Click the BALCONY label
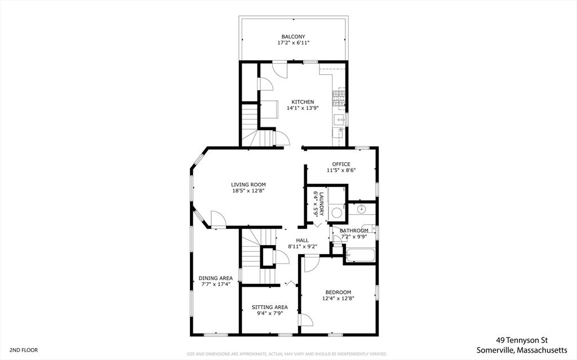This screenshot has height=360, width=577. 293,36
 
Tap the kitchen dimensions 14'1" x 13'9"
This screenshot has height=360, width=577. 303,108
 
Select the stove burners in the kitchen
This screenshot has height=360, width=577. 339,99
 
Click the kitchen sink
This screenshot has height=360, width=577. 339,119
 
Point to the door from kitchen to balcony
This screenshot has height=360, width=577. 279,70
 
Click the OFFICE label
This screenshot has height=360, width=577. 341,164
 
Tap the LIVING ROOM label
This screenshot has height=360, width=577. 248,184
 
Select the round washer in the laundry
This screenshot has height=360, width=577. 337,212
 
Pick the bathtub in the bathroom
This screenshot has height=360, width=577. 360,255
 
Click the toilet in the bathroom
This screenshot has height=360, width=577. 338,238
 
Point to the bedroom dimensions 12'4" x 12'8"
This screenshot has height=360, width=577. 338,299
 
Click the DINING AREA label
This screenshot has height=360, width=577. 215,278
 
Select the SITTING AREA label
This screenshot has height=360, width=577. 269,307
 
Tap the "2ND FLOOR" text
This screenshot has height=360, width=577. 23,350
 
